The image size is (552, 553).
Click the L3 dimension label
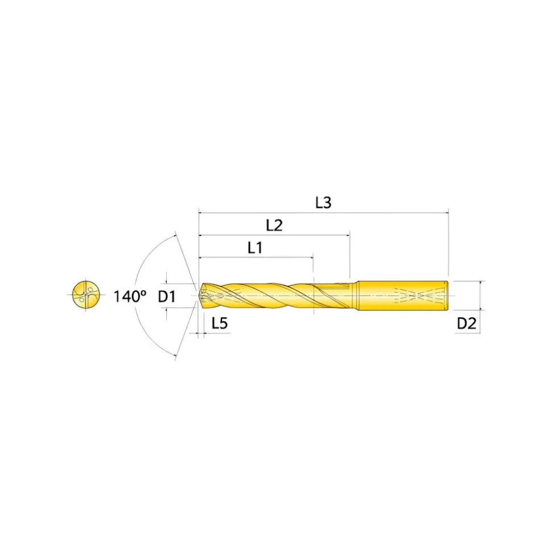tap(323, 203)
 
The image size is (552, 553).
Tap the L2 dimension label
tap(274, 225)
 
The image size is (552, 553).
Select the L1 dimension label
tap(255, 248)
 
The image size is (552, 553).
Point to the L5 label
tap(220, 323)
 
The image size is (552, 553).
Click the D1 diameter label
tap(167, 297)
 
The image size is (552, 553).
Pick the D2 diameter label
tap(466, 323)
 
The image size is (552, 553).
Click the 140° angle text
tap(129, 297)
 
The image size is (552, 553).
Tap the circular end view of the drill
tap(86, 294)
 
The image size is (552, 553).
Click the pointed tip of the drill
tap(200, 296)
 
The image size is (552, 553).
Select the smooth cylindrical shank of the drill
tap(403, 296)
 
